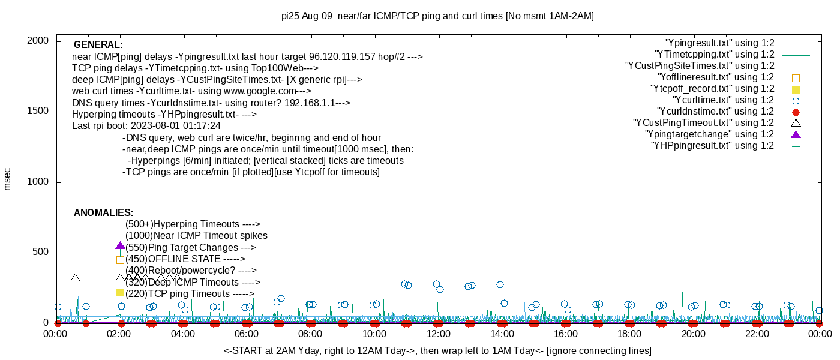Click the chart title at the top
tap(437, 16)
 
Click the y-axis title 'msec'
tap(8, 179)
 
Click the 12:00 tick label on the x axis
tap(438, 333)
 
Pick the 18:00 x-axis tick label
tap(629, 333)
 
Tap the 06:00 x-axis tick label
tap(247, 333)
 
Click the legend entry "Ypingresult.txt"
tap(719, 43)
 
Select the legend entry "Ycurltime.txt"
tap(723, 100)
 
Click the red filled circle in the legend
tap(796, 112)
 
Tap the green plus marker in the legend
tap(796, 146)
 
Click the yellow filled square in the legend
tap(796, 89)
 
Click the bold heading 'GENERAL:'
tap(98, 45)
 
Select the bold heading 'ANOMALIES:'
tap(103, 213)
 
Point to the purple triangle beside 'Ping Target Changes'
tap(120, 246)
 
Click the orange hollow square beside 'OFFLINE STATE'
tap(120, 260)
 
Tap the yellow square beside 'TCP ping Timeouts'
tap(120, 293)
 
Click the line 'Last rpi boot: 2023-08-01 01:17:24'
tap(146, 126)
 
